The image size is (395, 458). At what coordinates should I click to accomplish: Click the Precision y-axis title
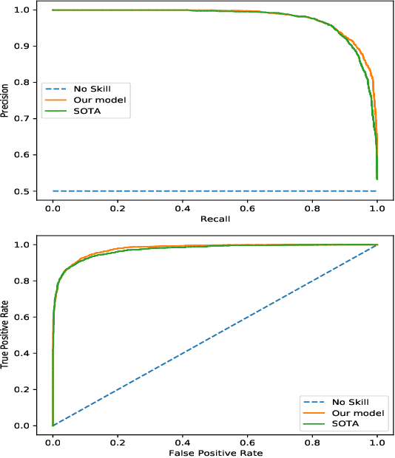6,101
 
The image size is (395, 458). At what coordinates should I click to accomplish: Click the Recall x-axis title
215,220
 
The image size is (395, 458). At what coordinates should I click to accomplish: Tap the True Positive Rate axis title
6,335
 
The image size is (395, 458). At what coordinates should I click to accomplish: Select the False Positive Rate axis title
215,452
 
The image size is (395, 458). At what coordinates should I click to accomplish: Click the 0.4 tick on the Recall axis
182,208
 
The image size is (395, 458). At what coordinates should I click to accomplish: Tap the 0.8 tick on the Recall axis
312,208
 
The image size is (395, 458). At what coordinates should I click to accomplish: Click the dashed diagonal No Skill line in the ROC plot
215,335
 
